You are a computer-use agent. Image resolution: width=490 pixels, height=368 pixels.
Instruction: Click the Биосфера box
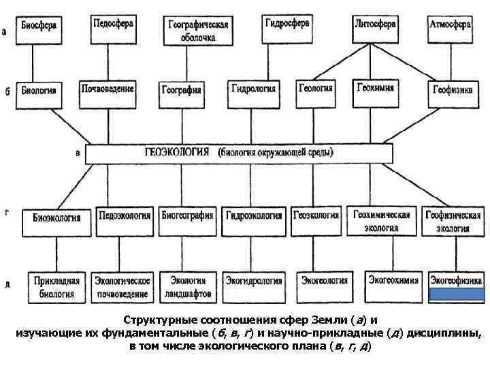coord(39,28)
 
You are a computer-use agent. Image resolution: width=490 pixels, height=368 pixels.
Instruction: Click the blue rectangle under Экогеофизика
coord(457,294)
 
